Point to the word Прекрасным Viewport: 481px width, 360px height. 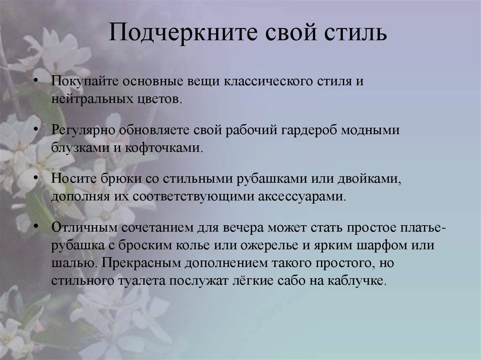(153, 263)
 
